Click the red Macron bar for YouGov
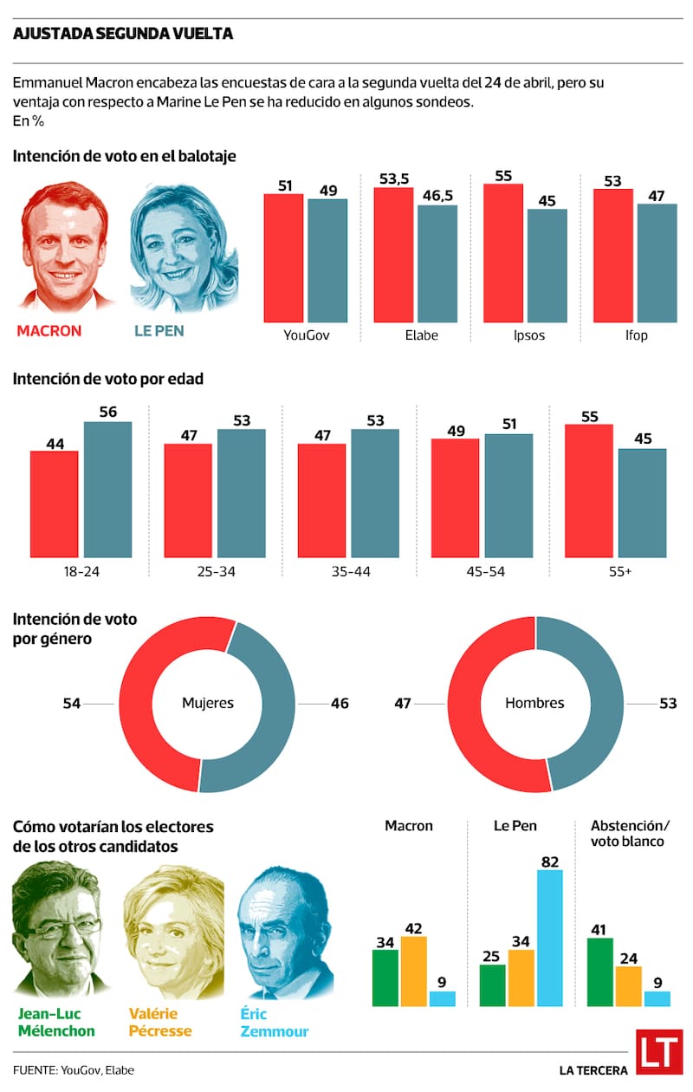tap(284, 257)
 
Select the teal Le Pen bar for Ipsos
tap(547, 265)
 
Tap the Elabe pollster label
tap(421, 335)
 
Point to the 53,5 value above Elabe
tap(392, 179)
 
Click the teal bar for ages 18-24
tap(107, 489)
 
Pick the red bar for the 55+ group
tap(588, 491)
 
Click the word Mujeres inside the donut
tap(207, 703)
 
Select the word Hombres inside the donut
tap(534, 703)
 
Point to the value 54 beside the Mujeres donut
tap(72, 704)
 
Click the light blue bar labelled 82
tap(549, 938)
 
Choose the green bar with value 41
tap(600, 972)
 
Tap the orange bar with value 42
tap(414, 971)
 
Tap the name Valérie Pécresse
tap(160, 1023)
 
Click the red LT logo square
tap(658, 1053)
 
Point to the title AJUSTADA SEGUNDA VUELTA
tap(123, 34)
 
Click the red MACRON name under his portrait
tap(49, 331)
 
